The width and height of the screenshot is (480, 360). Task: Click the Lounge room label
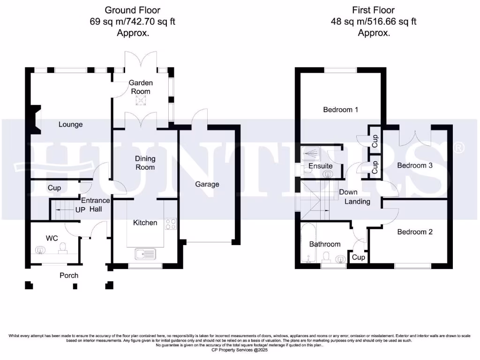coord(70,124)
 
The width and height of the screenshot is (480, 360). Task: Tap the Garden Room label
coord(141,87)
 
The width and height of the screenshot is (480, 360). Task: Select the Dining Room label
coord(145,163)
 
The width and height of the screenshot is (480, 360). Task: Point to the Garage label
coord(207,184)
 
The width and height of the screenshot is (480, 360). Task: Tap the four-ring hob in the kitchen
coord(170,225)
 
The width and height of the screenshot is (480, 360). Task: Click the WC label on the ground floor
coord(52,238)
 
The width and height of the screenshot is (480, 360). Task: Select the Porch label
coord(69,275)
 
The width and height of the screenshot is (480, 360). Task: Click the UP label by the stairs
coord(80,210)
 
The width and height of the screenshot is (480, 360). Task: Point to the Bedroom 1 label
coord(341,110)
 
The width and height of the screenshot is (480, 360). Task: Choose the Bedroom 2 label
coord(415,232)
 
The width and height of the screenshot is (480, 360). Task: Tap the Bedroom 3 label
coord(415,165)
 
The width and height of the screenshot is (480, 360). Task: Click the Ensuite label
coord(321,166)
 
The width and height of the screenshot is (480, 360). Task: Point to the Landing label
coord(357,202)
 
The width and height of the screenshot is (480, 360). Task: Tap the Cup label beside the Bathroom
coord(359,257)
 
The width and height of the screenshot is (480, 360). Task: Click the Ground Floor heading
coord(132,10)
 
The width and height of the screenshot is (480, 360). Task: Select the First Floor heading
coord(373,10)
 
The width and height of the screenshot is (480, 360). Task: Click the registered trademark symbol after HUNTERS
coord(459,148)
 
